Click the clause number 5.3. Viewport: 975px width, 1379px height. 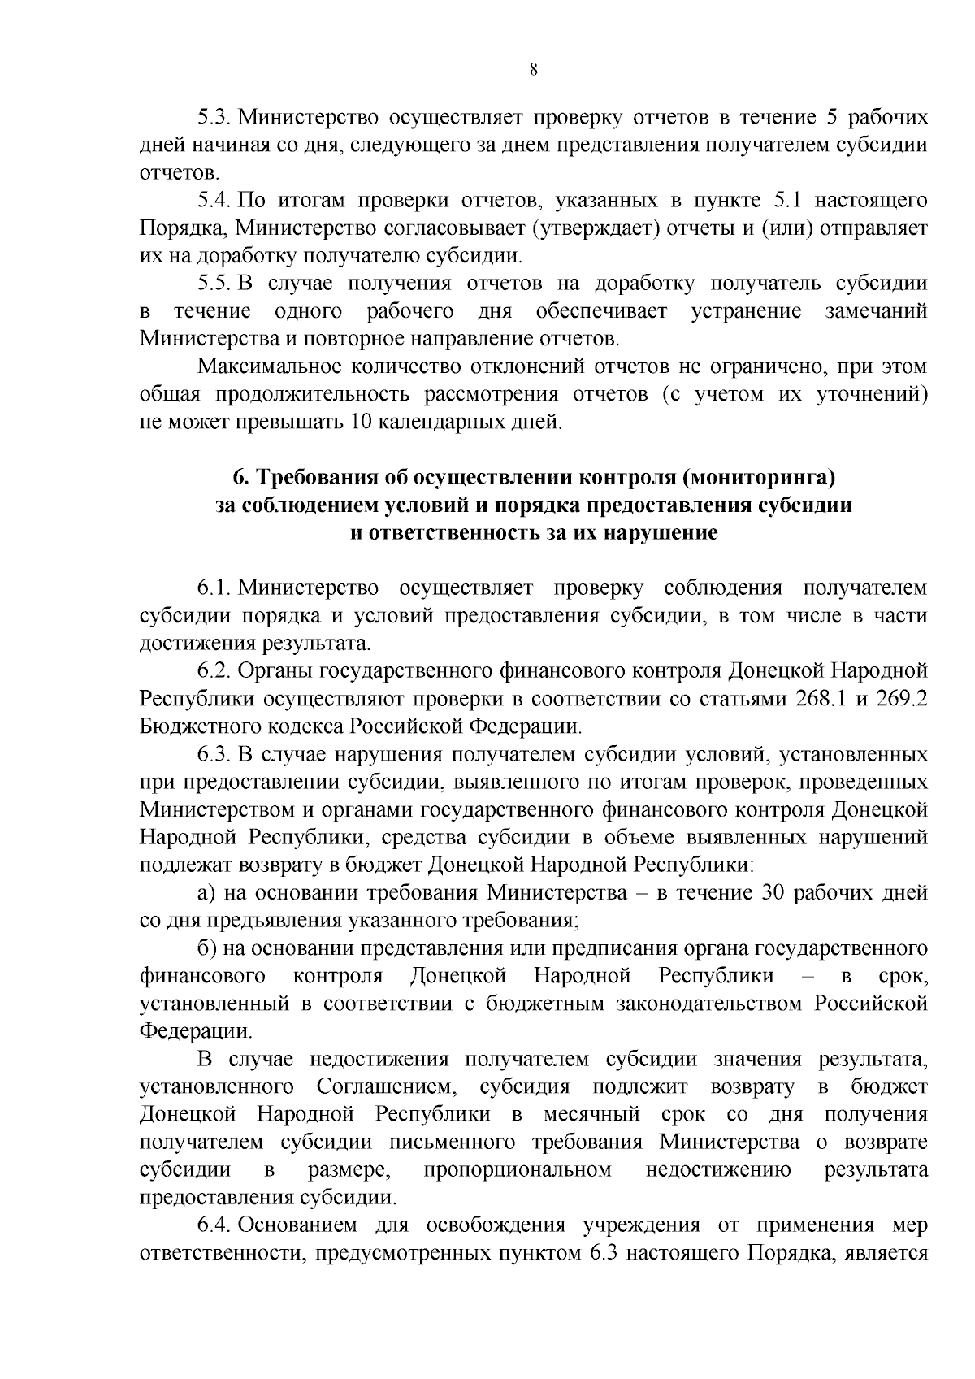coord(214,117)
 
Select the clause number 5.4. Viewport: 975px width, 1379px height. coord(214,201)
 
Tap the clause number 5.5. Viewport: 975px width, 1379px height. coord(214,284)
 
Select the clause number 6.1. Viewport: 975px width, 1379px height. coord(214,588)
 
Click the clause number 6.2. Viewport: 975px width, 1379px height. coord(214,671)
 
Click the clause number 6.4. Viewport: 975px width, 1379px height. coord(214,1225)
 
